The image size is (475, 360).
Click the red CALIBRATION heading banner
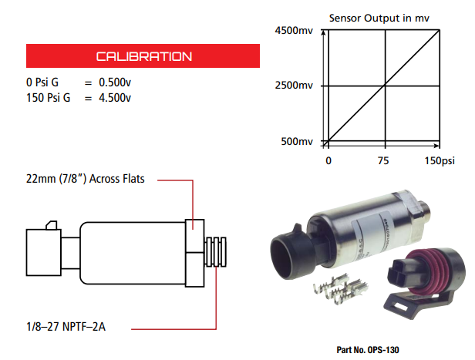tap(143, 56)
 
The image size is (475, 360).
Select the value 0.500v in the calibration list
tap(113, 82)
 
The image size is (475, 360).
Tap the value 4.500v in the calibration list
tap(113, 97)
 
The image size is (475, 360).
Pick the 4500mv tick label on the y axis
tap(293, 31)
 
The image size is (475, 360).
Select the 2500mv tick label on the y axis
tap(293, 86)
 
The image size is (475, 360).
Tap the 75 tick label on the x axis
tap(384, 161)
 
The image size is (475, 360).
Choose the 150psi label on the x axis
tap(443, 161)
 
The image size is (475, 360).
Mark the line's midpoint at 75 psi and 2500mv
tap(384, 86)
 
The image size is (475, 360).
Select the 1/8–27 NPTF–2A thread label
tap(66, 326)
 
